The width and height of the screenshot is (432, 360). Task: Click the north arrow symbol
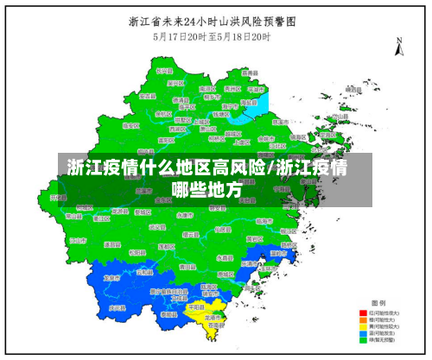click(x=399, y=47)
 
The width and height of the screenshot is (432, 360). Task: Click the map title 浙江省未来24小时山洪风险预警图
click(x=217, y=22)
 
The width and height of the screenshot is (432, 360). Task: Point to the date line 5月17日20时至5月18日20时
click(x=215, y=37)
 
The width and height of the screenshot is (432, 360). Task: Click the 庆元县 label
click(x=118, y=308)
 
